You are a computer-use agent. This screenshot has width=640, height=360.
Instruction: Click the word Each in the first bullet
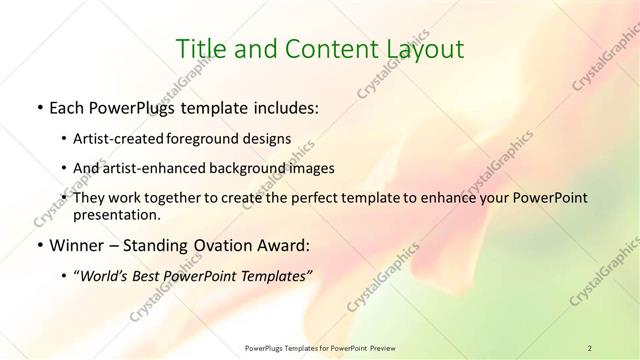pos(68,107)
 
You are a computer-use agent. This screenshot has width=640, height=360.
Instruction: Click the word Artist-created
pos(119,138)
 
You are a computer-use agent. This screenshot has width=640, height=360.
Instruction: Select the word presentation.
pos(116,215)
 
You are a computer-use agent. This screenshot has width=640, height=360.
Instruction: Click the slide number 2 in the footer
pos(590,348)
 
